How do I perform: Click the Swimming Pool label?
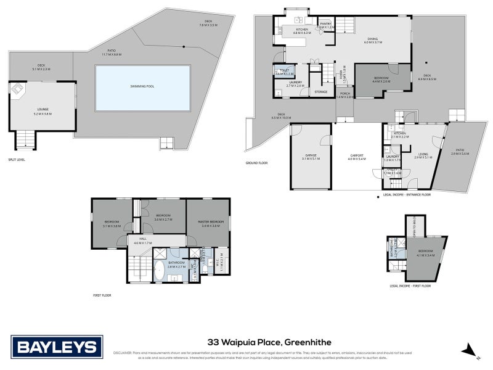[142, 86]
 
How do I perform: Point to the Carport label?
[357, 156]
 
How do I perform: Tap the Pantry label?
[325, 25]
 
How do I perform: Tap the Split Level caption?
[17, 160]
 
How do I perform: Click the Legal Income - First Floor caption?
[409, 286]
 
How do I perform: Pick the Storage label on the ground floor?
[320, 91]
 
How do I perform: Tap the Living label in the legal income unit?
[423, 156]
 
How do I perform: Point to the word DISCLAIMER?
[126, 353]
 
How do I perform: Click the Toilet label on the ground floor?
[283, 72]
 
